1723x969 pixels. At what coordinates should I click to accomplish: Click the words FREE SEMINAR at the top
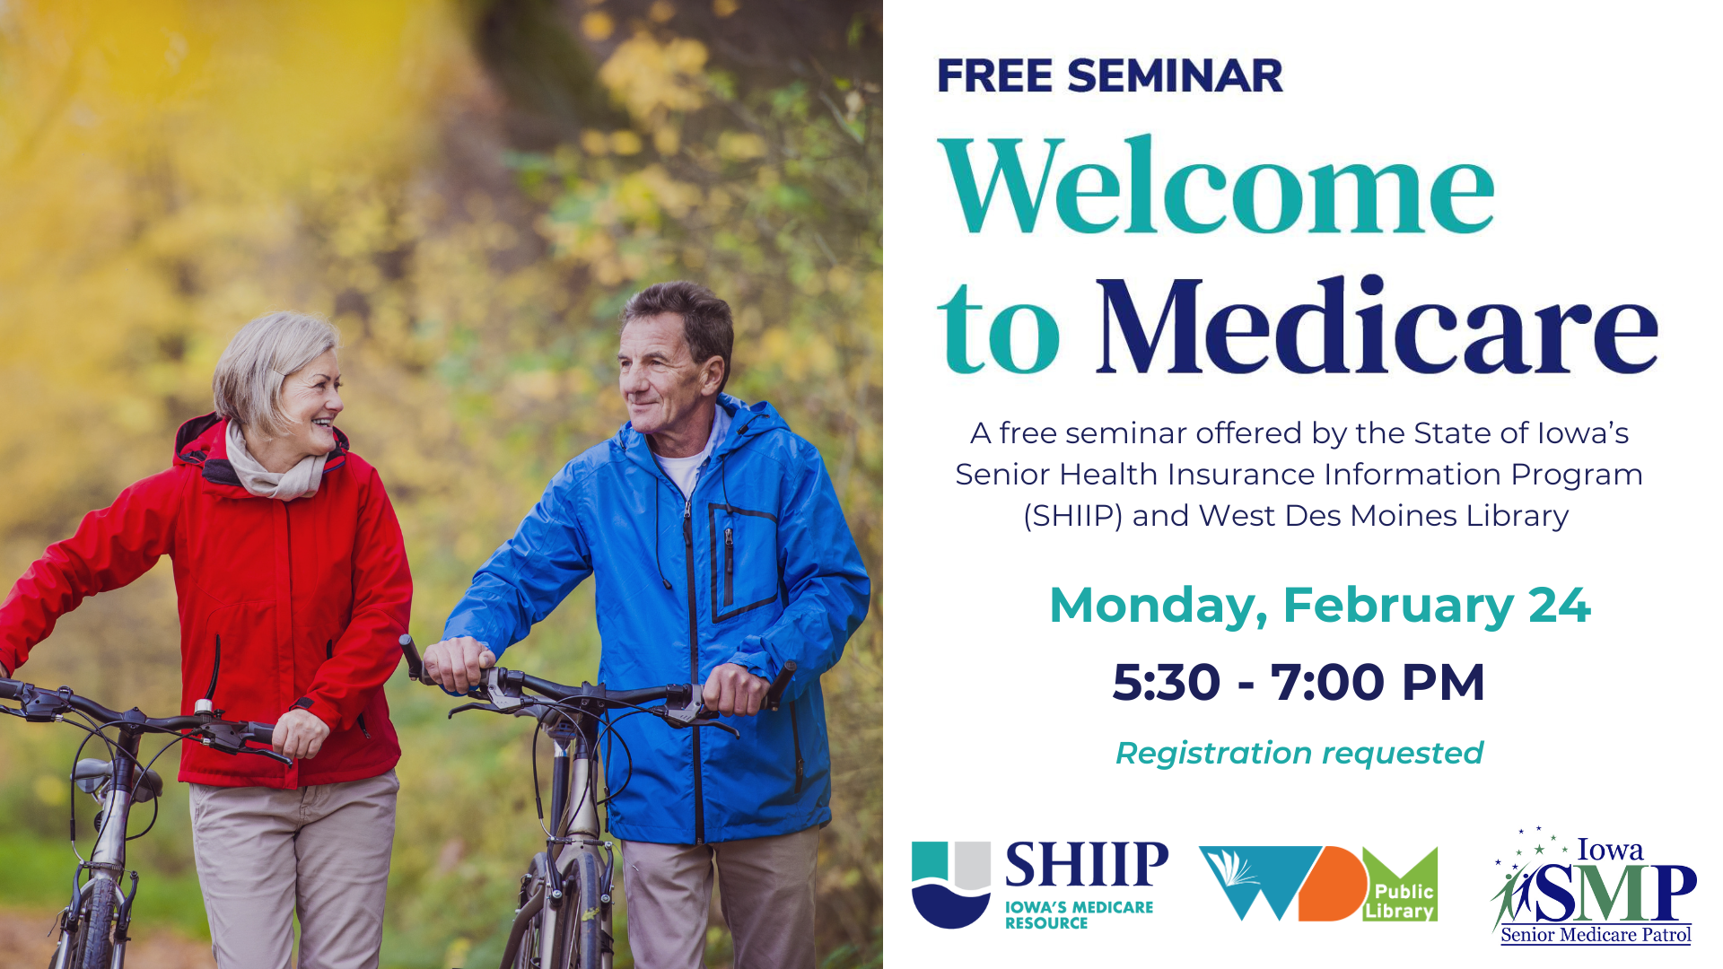pos(1110,75)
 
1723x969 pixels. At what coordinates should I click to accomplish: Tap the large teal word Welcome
pos(1216,186)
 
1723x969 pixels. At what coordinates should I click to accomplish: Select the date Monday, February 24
pos(1319,606)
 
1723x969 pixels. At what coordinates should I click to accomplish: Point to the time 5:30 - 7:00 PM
pos(1299,682)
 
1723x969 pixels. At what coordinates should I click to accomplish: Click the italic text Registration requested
pos(1299,754)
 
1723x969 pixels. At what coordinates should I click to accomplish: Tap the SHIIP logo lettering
pos(1087,864)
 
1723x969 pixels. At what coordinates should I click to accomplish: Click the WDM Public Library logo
pos(1318,884)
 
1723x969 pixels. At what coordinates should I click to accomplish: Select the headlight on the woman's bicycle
pos(94,777)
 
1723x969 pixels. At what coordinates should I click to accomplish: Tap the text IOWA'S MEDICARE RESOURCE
pos(1079,915)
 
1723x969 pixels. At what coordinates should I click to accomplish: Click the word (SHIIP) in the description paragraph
pos(1073,516)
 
